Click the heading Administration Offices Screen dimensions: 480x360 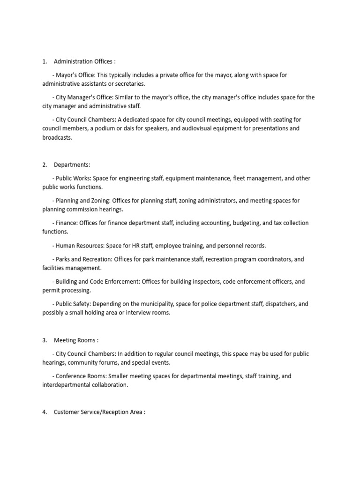pos(83,61)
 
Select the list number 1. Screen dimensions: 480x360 pos(45,61)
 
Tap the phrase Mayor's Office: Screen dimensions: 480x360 pos(75,75)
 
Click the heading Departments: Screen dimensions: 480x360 pos(72,165)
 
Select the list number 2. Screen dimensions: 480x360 pos(45,165)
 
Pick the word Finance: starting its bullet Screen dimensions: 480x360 pos(67,223)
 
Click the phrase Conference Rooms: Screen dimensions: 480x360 pos(82,376)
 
